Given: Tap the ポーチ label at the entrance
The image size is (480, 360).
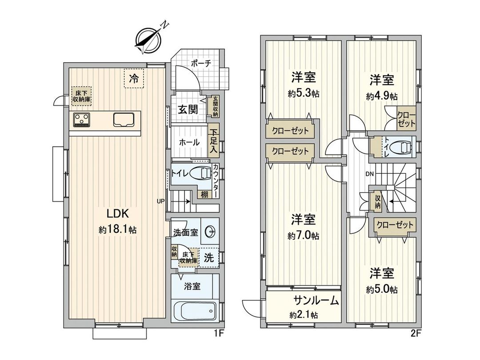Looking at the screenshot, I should [201, 64].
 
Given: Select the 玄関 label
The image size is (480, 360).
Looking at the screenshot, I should [188, 110].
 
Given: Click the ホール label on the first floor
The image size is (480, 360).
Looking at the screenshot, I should [189, 143].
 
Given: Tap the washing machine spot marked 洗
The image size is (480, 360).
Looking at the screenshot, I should [208, 257].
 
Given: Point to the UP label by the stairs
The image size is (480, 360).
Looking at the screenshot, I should [161, 200].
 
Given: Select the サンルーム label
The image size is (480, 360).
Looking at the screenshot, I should [316, 301].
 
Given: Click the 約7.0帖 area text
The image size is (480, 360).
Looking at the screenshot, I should [303, 236].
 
